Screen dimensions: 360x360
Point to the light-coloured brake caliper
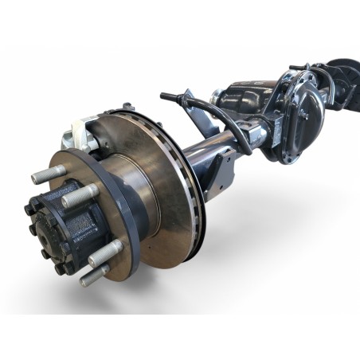[x=87, y=133]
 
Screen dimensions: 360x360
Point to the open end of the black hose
[x=162, y=95]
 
